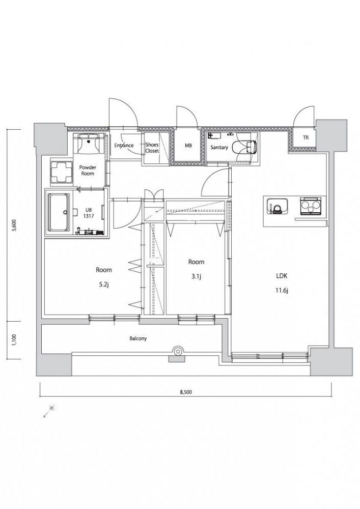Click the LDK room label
[x=282, y=276]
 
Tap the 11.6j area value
[x=282, y=291]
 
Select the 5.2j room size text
[x=104, y=285]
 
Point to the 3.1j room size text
[x=197, y=276]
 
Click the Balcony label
[x=139, y=338]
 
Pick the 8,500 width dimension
[x=186, y=392]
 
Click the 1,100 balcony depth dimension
[x=14, y=340]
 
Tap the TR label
[x=306, y=137]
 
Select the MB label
[x=188, y=146]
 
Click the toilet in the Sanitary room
[x=251, y=147]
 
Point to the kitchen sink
[x=276, y=207]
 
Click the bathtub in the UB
[x=59, y=213]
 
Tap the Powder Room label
[x=88, y=171]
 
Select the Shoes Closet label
[x=152, y=148]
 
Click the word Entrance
[x=124, y=146]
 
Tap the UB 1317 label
[x=88, y=213]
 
